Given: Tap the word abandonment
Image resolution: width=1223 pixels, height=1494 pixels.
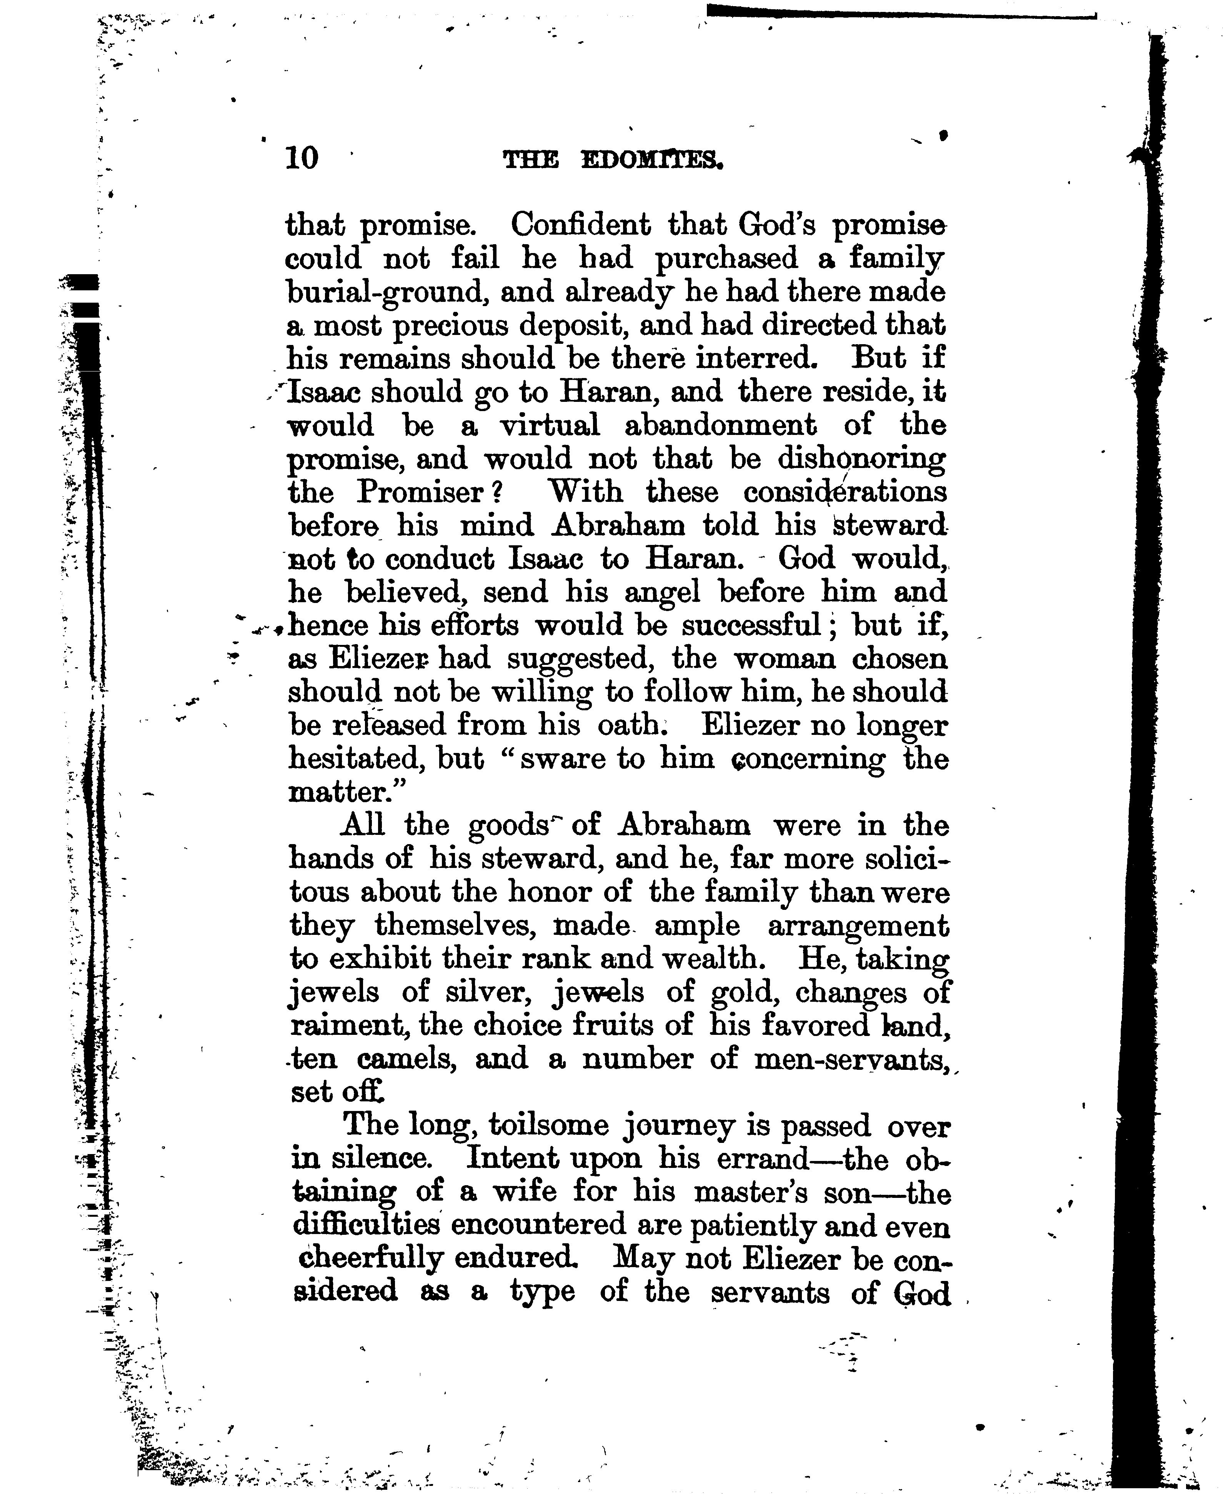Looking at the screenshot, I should tap(720, 425).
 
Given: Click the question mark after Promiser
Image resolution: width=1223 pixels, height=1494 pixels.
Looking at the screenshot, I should tap(496, 492).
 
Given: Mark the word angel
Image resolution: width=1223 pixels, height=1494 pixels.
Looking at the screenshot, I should tap(662, 592).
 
